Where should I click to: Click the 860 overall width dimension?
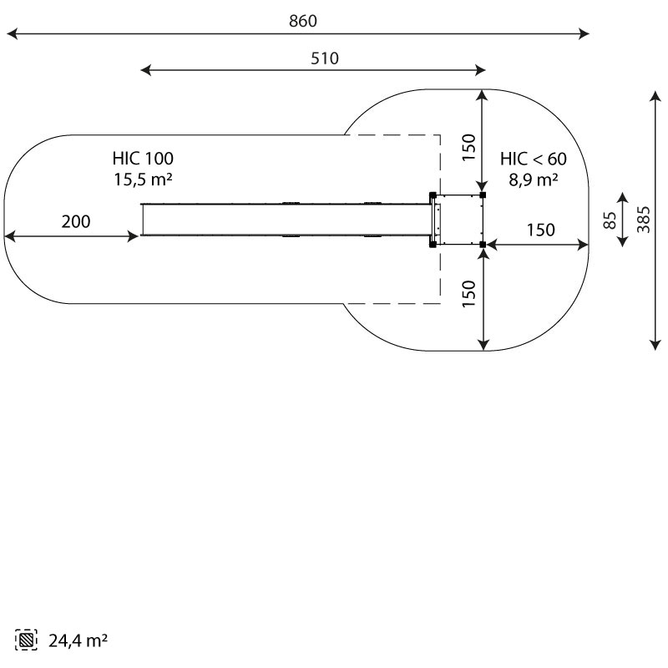(x=303, y=21)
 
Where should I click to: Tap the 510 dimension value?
(x=325, y=58)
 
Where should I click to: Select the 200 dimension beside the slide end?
(x=76, y=221)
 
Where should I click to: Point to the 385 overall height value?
(x=644, y=220)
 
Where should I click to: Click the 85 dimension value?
(x=610, y=220)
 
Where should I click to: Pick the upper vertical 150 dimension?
(x=468, y=148)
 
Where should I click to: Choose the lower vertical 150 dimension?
(x=468, y=294)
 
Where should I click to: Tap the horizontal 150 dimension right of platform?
(x=540, y=230)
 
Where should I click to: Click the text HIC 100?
(x=143, y=159)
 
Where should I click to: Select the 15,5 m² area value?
(x=143, y=180)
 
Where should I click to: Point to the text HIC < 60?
(x=534, y=159)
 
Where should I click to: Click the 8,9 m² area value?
(x=534, y=180)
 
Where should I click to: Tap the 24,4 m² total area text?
(x=78, y=640)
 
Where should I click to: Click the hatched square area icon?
(x=26, y=640)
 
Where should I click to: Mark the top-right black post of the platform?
(x=483, y=195)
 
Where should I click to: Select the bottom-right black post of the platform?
(x=483, y=245)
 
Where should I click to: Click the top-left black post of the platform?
(x=433, y=195)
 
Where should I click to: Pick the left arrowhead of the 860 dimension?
(x=12, y=33)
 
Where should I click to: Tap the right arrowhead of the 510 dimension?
(x=480, y=70)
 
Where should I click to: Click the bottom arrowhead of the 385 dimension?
(x=655, y=345)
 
